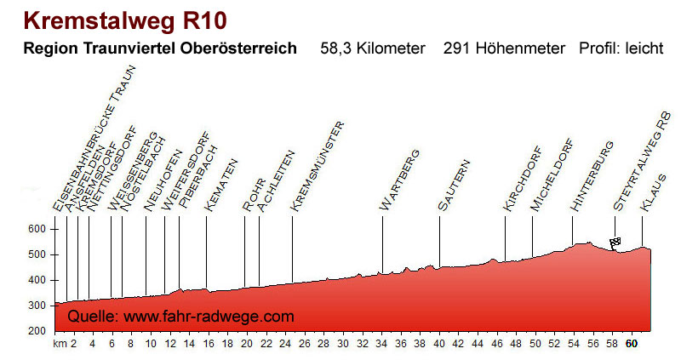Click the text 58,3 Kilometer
[x=372, y=49]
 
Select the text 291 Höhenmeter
[x=504, y=49]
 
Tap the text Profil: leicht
[x=621, y=49]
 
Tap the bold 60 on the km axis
[x=631, y=344]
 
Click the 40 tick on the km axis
[x=439, y=344]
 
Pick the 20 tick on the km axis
[x=247, y=344]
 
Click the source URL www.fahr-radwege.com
[x=209, y=317]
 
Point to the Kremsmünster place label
[x=317, y=166]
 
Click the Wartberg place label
[x=400, y=180]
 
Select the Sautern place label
[x=453, y=185]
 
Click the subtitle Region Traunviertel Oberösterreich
[x=161, y=49]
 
